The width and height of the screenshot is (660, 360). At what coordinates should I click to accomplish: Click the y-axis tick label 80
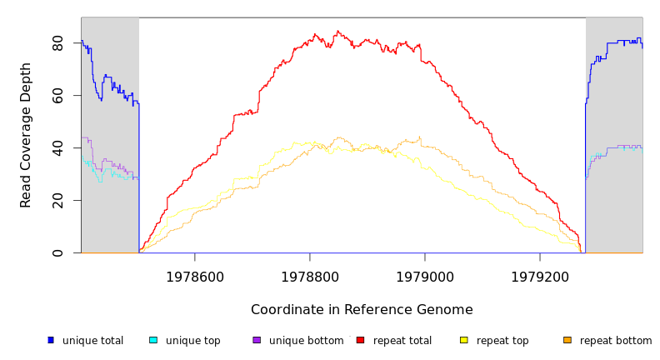click(x=57, y=43)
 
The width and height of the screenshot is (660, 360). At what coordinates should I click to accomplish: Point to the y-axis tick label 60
click(x=57, y=96)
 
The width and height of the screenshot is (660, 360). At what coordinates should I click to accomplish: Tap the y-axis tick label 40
click(x=57, y=148)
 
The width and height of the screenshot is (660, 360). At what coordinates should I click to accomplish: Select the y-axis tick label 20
click(x=57, y=201)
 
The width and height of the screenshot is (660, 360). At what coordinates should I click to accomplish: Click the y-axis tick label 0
click(x=57, y=253)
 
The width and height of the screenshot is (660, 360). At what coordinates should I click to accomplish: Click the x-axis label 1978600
click(x=195, y=277)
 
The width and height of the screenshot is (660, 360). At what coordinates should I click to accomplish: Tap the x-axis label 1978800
click(x=310, y=277)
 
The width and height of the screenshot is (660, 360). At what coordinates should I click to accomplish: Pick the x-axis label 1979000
click(x=425, y=277)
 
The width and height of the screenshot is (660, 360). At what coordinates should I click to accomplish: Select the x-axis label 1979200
click(x=540, y=277)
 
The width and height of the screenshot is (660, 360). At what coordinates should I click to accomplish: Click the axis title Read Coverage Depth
click(x=26, y=135)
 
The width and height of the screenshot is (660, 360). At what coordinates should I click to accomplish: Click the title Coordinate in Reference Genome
click(x=362, y=310)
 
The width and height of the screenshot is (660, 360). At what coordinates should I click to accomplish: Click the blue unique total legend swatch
click(x=51, y=340)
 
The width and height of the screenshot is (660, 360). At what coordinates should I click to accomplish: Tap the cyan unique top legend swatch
click(x=153, y=340)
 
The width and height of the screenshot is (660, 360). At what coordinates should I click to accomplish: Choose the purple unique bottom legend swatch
click(x=257, y=340)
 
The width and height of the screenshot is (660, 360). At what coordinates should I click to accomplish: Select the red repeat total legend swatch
click(x=360, y=340)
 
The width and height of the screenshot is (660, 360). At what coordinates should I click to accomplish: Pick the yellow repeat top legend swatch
click(x=463, y=340)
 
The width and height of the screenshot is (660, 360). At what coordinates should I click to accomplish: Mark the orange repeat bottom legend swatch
click(x=567, y=340)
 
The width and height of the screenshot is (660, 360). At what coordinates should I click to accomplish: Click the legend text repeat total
click(x=402, y=341)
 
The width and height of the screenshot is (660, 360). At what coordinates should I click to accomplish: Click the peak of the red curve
click(x=337, y=32)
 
